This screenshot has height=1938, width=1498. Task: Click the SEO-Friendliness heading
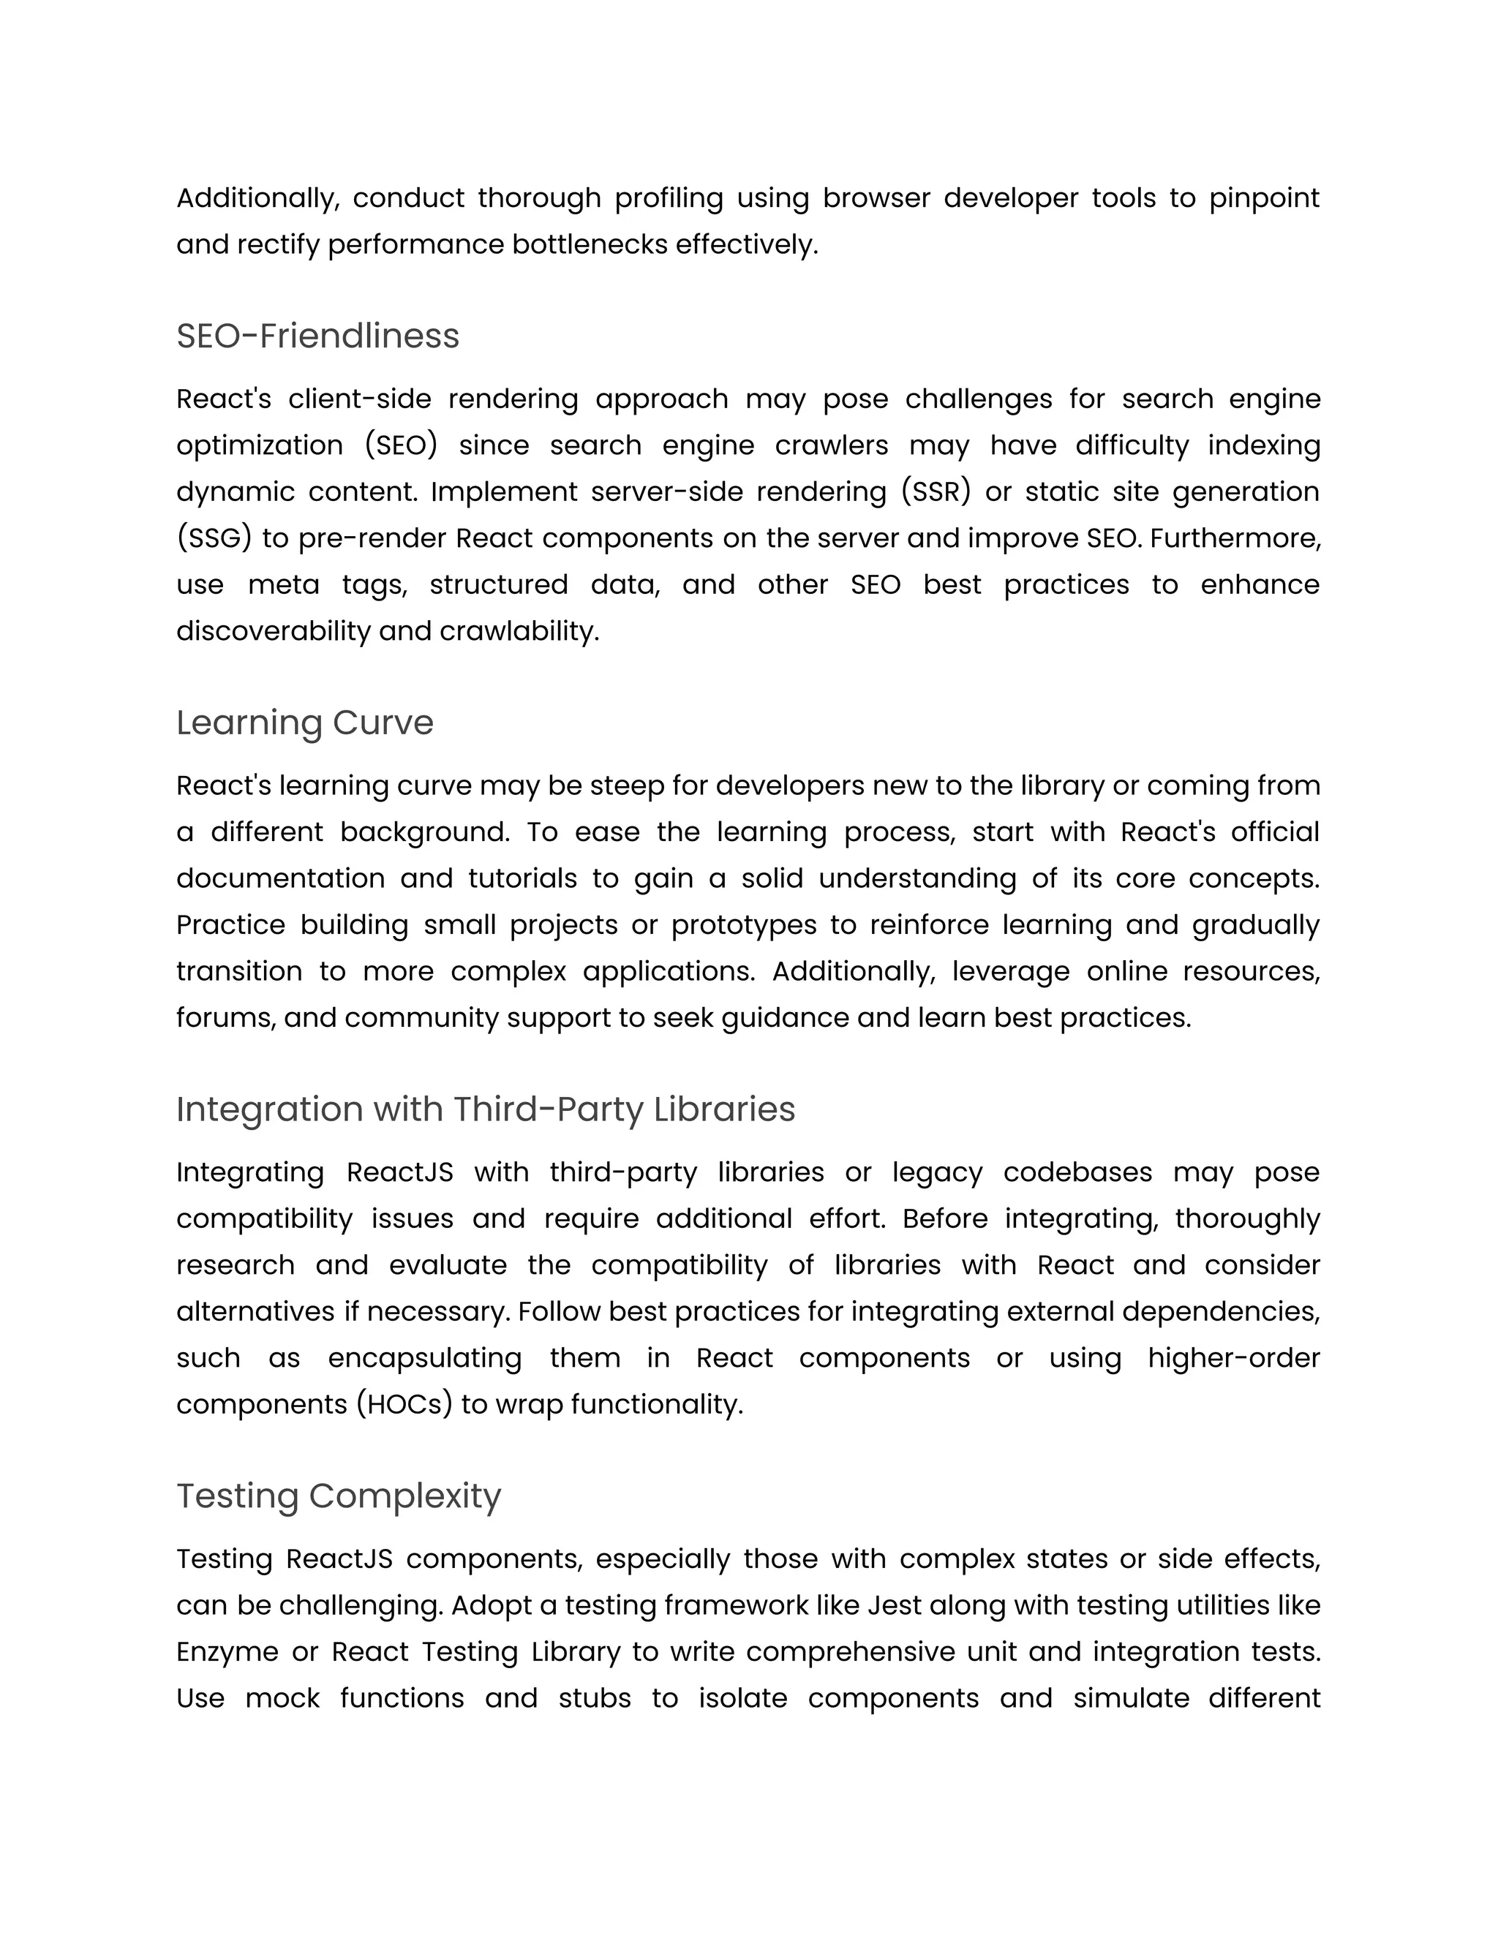point(317,336)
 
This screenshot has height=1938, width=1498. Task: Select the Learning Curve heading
point(304,723)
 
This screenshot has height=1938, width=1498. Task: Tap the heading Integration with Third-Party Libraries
point(486,1109)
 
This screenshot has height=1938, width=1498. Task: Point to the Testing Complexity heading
point(338,1496)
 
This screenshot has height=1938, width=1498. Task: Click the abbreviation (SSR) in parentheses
point(936,491)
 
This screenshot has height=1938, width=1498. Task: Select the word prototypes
point(744,924)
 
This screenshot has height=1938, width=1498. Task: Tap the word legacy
point(937,1172)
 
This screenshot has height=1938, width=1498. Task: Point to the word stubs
point(594,1697)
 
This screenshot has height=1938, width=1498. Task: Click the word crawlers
point(832,445)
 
